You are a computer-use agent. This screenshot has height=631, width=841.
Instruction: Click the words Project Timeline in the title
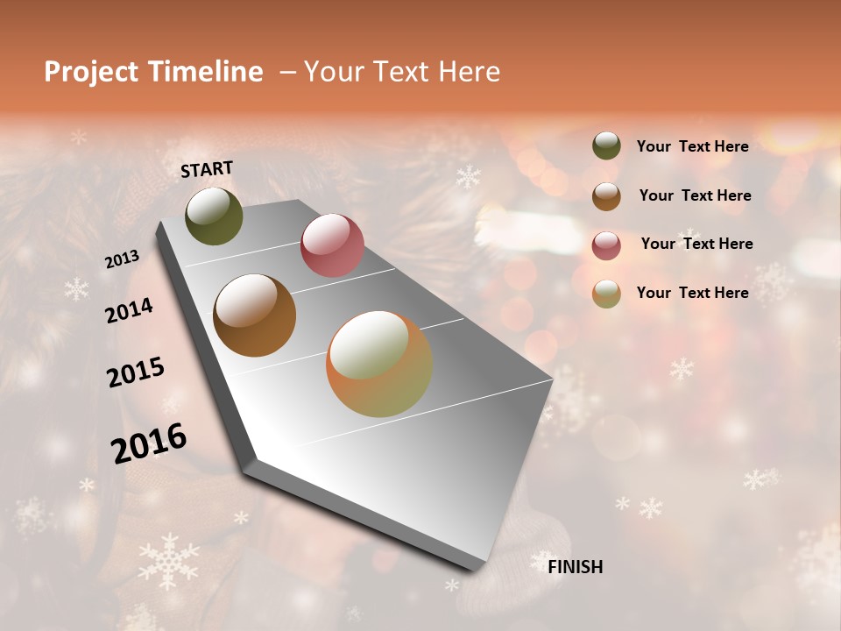tap(153, 72)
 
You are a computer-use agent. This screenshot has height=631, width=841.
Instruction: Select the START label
tap(207, 169)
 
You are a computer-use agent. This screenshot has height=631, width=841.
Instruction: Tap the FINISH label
tap(575, 567)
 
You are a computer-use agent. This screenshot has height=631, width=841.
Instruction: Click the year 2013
tap(122, 259)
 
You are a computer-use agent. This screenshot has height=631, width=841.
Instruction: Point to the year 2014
tap(129, 311)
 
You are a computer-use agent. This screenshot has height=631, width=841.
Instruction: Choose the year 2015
tap(136, 372)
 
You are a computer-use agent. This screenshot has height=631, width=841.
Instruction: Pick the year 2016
tap(149, 443)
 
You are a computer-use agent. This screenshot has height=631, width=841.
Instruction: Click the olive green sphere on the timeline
tap(214, 216)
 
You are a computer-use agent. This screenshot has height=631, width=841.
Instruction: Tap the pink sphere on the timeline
tap(332, 245)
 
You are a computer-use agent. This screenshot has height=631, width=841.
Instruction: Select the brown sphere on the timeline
tap(254, 315)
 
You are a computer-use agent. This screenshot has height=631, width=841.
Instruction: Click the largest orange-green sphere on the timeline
tap(379, 364)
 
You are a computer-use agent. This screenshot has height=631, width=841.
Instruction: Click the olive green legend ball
tap(606, 145)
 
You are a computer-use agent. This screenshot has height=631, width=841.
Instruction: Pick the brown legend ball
tap(606, 196)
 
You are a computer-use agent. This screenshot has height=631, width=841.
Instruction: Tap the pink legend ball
tap(606, 245)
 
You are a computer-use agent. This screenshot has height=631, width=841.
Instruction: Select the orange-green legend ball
tap(606, 294)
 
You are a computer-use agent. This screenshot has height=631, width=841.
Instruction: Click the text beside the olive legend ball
tap(692, 146)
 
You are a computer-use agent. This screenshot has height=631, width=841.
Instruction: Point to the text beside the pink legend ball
tap(696, 244)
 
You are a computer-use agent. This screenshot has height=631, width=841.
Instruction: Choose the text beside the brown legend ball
tap(695, 195)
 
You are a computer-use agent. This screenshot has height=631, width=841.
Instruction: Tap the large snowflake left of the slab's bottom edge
tap(168, 561)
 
